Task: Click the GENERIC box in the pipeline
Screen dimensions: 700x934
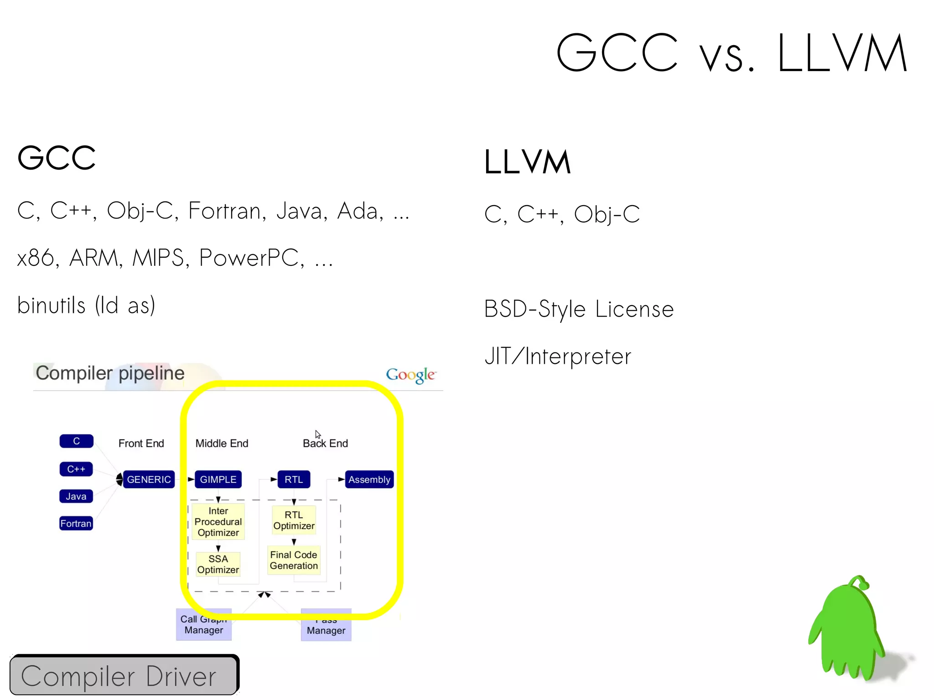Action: coord(149,479)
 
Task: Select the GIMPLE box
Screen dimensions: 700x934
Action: coord(218,479)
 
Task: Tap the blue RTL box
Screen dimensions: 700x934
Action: coord(294,479)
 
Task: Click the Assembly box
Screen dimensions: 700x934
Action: coord(369,479)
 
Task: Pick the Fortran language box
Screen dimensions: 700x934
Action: coord(76,523)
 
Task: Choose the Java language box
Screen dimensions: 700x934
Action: coord(76,496)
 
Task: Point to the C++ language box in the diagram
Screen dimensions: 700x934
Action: coord(76,469)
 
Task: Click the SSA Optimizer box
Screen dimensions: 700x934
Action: coord(218,564)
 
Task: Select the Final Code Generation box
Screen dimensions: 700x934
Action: coord(294,560)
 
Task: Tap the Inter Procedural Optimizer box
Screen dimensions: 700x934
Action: coord(218,522)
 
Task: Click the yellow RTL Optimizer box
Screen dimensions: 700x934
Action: coord(294,520)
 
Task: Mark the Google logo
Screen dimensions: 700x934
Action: coord(410,375)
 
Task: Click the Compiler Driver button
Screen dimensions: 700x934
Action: coord(124,675)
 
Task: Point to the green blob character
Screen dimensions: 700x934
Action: coord(848,629)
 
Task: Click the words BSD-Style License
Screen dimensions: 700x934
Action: coord(579,309)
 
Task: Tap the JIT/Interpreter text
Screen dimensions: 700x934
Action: coord(558,357)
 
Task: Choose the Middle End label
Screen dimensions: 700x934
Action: coord(222,443)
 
